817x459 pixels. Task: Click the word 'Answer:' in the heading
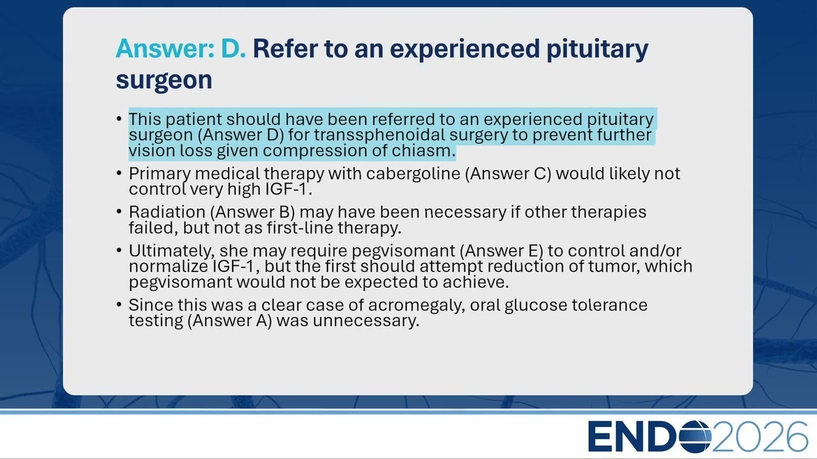[165, 48]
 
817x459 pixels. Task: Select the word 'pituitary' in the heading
[597, 50]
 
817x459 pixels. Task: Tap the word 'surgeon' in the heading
[164, 80]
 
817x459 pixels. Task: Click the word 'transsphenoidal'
[379, 135]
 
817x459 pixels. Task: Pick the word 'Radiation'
[167, 212]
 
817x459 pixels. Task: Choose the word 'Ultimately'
[172, 251]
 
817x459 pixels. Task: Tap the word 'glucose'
[536, 305]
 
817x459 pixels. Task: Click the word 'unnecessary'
[366, 321]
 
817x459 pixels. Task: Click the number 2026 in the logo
[759, 437]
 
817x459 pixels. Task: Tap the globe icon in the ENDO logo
[695, 437]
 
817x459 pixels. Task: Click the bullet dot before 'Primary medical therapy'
[119, 173]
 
